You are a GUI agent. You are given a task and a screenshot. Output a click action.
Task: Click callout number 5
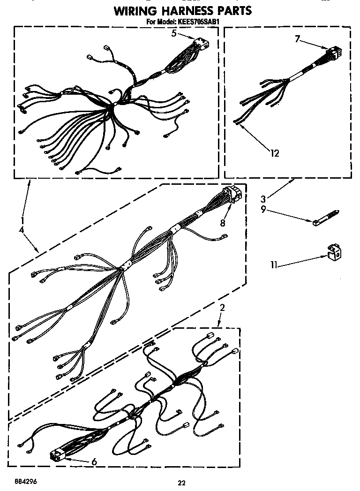click(174, 33)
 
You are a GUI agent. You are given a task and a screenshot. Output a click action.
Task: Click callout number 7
click(297, 39)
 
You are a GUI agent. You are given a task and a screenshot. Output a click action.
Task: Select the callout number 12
click(275, 152)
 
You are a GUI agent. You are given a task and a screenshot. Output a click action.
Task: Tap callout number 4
click(22, 230)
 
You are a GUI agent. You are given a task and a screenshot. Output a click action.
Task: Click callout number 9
click(264, 210)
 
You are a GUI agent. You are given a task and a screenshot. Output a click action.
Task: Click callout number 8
click(223, 223)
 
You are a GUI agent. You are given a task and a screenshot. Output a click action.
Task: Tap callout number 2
click(222, 308)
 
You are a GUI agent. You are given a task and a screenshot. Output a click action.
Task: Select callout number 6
click(94, 462)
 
